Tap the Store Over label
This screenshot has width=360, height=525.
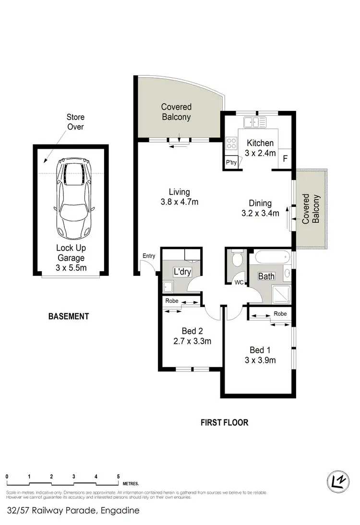click(75, 122)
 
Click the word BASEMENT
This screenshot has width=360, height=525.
click(69, 316)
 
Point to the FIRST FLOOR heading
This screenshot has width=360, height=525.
click(224, 423)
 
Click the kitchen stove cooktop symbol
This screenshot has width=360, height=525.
click(231, 143)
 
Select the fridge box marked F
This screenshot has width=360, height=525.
click(285, 159)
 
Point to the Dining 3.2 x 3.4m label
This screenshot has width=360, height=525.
click(260, 208)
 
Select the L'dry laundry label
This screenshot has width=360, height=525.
click(182, 272)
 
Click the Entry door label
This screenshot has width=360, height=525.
click(149, 256)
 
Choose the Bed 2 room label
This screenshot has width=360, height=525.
click(192, 335)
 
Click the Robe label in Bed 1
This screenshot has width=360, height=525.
click(280, 313)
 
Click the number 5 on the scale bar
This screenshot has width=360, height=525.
click(118, 477)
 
